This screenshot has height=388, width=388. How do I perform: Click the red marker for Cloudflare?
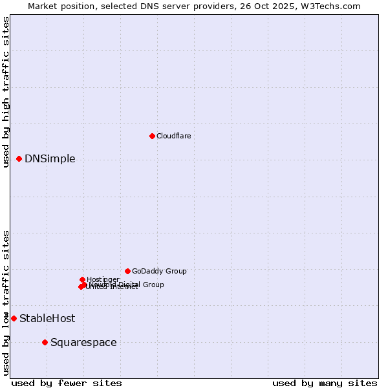tap(152, 136)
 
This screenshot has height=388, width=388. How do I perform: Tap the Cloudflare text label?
tap(173, 136)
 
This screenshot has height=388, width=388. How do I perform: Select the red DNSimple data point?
tap(19, 158)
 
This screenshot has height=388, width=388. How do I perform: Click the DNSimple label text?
tap(50, 159)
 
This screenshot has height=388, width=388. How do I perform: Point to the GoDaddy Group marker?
tap(127, 271)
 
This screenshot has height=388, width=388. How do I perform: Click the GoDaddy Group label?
tap(159, 271)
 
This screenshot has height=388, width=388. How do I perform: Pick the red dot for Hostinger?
tap(82, 279)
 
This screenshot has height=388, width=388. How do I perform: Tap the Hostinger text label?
tap(103, 279)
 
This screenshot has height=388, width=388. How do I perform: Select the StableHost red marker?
tap(14, 318)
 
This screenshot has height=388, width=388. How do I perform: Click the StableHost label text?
tap(47, 318)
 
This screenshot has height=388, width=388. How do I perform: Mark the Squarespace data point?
tap(45, 342)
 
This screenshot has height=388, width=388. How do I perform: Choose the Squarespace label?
tap(83, 343)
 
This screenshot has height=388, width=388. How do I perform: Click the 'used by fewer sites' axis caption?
tap(67, 383)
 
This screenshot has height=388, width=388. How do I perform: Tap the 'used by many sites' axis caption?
tap(325, 383)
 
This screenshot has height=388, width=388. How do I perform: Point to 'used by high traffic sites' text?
tap(6, 92)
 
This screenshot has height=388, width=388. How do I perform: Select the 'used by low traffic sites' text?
tap(6, 303)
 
